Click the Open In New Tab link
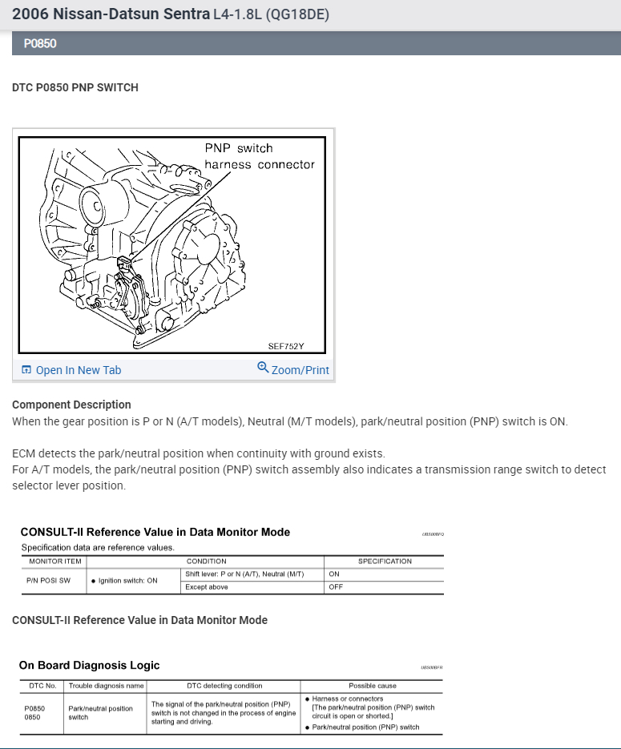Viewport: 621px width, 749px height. pyautogui.click(x=78, y=370)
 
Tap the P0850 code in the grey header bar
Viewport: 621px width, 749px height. pyautogui.click(x=40, y=43)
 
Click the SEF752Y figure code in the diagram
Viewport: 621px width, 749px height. pyautogui.click(x=286, y=347)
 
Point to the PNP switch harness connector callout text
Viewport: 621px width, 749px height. pyautogui.click(x=259, y=156)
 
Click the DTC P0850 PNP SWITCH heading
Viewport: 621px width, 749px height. pyautogui.click(x=75, y=87)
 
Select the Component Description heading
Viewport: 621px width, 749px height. pyautogui.click(x=71, y=405)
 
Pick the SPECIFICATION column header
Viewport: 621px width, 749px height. pyautogui.click(x=385, y=562)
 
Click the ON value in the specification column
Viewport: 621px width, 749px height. pyautogui.click(x=334, y=574)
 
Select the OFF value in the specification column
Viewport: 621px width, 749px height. pyautogui.click(x=336, y=587)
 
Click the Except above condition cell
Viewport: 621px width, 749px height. pyautogui.click(x=206, y=587)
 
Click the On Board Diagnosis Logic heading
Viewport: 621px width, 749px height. pyautogui.click(x=89, y=665)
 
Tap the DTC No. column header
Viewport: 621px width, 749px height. pyautogui.click(x=41, y=686)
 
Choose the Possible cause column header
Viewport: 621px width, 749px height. pyautogui.click(x=372, y=686)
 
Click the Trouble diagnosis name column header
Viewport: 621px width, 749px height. pyautogui.click(x=106, y=686)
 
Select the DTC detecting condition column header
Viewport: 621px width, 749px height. pyautogui.click(x=224, y=686)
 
